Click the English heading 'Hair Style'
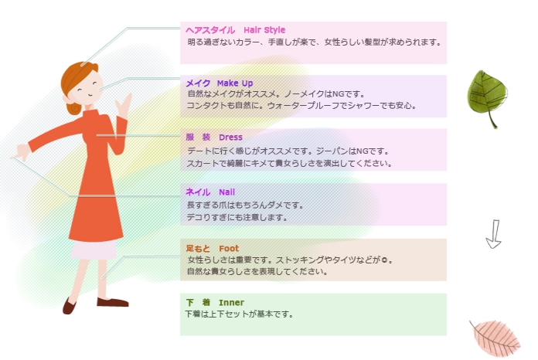pos(264,30)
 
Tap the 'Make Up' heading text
pos(235,83)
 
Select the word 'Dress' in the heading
pos(230,138)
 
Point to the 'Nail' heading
pos(226,192)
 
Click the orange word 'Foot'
pos(229,248)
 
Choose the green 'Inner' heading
pos(231,302)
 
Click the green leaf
pos(487,99)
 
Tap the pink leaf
pos(495,338)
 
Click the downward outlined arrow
pos(494,234)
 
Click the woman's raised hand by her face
pos(123,105)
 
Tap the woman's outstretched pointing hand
pos(22,152)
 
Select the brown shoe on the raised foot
pos(69,306)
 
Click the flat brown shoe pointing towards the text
pos(113,302)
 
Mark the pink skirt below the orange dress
pos(94,250)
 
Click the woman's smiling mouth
pos(89,95)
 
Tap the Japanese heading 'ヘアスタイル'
pos(210,30)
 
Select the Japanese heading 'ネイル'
pos(198,192)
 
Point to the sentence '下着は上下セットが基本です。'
pos(239,314)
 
